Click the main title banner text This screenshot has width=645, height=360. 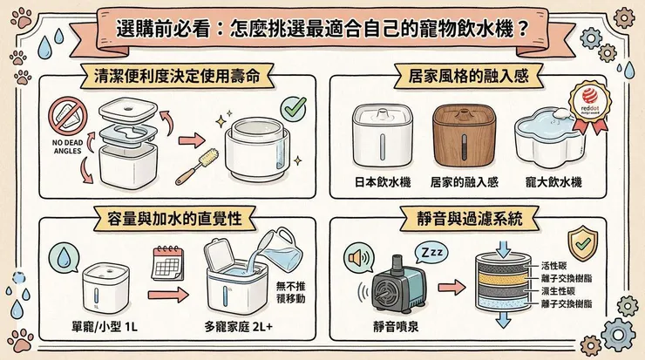click(x=322, y=26)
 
